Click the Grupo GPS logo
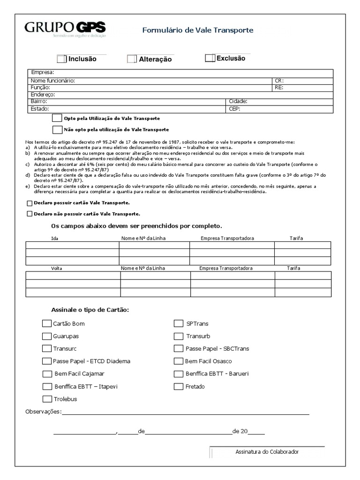point(65,29)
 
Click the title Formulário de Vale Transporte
point(197,30)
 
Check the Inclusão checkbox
point(62,59)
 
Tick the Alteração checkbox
point(132,59)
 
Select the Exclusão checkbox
point(210,58)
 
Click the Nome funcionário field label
point(52,81)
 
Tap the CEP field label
point(234,108)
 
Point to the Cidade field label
point(238,101)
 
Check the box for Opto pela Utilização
point(57,118)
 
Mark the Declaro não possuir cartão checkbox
point(30,214)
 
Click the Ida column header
point(55,238)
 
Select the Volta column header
point(56,268)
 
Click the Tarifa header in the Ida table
point(296,238)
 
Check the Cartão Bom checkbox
point(46,323)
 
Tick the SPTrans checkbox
point(178,323)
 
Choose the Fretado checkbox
point(178,387)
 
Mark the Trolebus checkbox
point(46,399)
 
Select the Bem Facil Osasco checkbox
point(178,361)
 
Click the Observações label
point(43,412)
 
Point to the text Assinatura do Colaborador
point(267,452)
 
